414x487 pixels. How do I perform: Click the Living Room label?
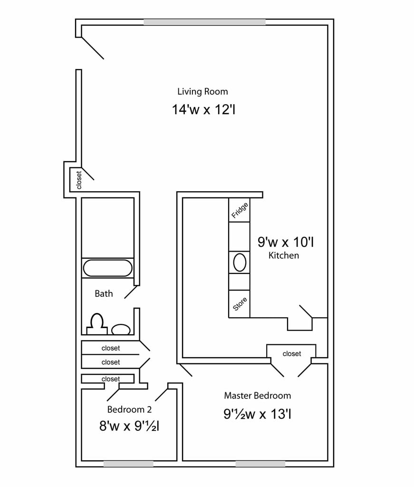[202, 91]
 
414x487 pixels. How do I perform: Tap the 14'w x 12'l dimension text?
[204, 110]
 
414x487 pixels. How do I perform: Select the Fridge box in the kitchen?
[240, 210]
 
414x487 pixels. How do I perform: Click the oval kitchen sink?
[240, 263]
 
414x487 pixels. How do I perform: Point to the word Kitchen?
[284, 255]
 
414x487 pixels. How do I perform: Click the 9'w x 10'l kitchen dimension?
[285, 242]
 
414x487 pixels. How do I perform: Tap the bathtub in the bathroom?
[107, 268]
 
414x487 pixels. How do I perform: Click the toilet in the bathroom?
[97, 323]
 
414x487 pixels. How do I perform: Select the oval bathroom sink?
[121, 329]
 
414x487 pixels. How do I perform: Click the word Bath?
[104, 293]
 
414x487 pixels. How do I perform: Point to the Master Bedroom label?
[257, 395]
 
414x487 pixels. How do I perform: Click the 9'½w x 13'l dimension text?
[257, 414]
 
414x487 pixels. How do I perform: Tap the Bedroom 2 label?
[129, 409]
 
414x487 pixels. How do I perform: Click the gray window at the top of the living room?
[204, 22]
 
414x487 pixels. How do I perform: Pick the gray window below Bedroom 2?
[128, 464]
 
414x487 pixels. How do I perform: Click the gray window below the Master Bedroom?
[260, 464]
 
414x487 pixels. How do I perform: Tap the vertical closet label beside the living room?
[79, 180]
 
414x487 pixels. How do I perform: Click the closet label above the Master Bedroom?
[292, 354]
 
